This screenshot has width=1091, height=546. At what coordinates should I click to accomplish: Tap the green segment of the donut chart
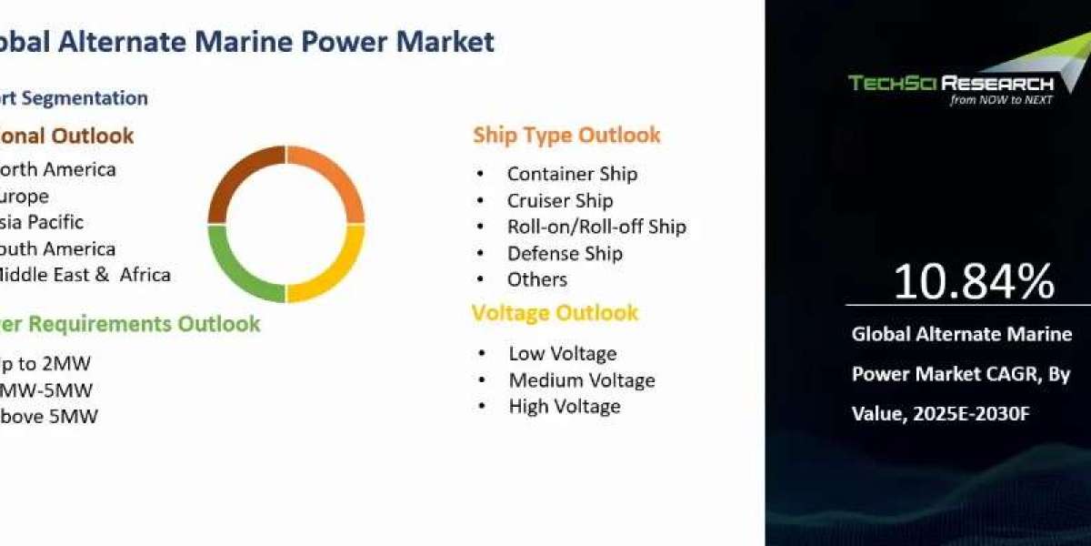click(x=238, y=268)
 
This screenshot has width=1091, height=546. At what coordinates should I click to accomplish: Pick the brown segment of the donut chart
click(x=238, y=182)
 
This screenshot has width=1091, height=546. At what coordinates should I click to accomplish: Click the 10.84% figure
click(x=973, y=282)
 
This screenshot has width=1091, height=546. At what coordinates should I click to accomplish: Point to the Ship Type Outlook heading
click(x=566, y=136)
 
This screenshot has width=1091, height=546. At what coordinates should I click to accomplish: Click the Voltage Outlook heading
click(x=555, y=313)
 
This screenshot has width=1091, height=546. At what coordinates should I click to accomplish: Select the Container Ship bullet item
click(x=572, y=174)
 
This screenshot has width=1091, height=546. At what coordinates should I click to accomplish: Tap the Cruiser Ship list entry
click(x=560, y=200)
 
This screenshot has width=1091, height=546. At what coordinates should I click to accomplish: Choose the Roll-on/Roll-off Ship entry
click(x=596, y=227)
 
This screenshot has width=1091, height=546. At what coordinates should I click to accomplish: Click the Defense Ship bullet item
click(x=565, y=253)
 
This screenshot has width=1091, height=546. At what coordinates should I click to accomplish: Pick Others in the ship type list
click(x=537, y=279)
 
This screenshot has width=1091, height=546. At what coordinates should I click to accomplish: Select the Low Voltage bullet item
click(x=562, y=353)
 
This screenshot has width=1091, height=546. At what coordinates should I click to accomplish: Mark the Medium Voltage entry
click(x=582, y=379)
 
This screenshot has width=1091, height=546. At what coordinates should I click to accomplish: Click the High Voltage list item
click(x=565, y=406)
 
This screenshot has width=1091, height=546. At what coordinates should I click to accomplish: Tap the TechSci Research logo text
click(x=950, y=84)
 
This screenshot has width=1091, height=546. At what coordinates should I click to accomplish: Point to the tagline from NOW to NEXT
click(x=1001, y=100)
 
